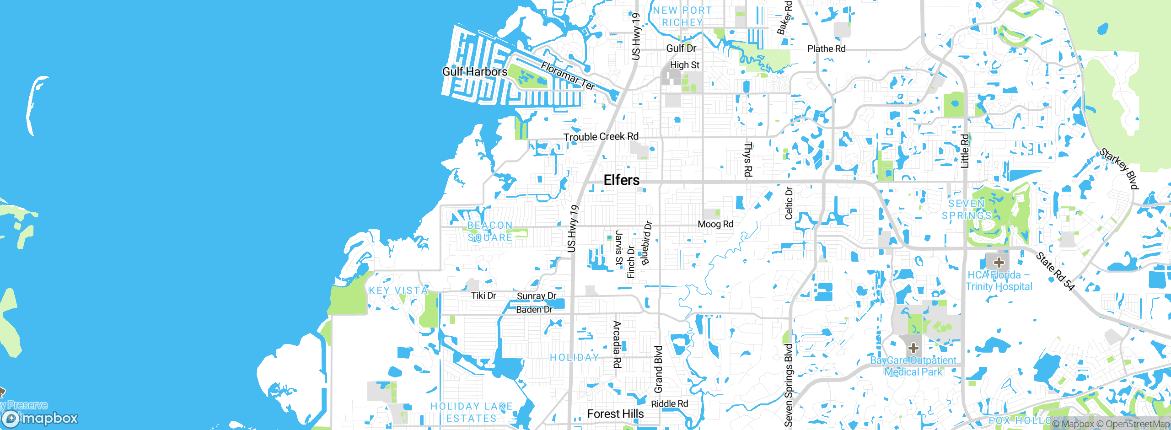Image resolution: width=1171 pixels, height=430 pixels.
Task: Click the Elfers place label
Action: tap(622, 180)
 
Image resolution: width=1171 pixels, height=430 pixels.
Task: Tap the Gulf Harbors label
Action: tap(475, 72)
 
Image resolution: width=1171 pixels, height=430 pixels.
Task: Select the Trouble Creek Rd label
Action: tap(601, 137)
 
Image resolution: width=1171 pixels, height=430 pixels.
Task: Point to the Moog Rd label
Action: tap(715, 224)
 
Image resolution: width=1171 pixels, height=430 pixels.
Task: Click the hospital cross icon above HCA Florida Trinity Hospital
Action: tap(999, 263)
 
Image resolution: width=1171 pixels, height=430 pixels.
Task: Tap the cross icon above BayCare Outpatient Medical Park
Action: tap(913, 348)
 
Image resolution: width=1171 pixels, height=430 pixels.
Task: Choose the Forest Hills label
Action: tap(615, 414)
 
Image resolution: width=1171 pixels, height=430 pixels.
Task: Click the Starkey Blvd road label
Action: tap(1119, 168)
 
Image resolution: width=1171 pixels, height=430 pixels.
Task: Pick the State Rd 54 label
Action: tap(1055, 271)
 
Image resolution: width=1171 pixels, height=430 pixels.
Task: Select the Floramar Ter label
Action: tap(568, 76)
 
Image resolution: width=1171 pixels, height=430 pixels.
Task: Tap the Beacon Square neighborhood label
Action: tap(490, 231)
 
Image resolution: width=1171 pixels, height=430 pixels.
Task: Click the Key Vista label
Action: tap(398, 290)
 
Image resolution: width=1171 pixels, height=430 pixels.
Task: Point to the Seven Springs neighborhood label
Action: tap(967, 210)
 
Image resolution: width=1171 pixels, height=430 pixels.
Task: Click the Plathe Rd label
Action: tap(827, 48)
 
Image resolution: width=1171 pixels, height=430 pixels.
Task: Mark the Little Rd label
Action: tap(964, 151)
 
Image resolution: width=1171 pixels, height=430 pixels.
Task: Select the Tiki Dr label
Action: tap(483, 296)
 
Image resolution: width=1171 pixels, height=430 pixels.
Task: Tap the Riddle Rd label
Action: tap(669, 404)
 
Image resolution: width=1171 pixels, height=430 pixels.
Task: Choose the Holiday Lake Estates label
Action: tap(472, 412)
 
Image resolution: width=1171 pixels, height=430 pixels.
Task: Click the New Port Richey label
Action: tap(682, 16)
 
